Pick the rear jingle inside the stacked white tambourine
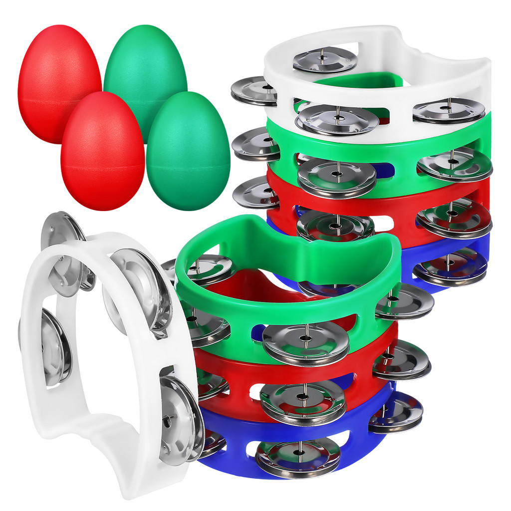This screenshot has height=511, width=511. point(325,59)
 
